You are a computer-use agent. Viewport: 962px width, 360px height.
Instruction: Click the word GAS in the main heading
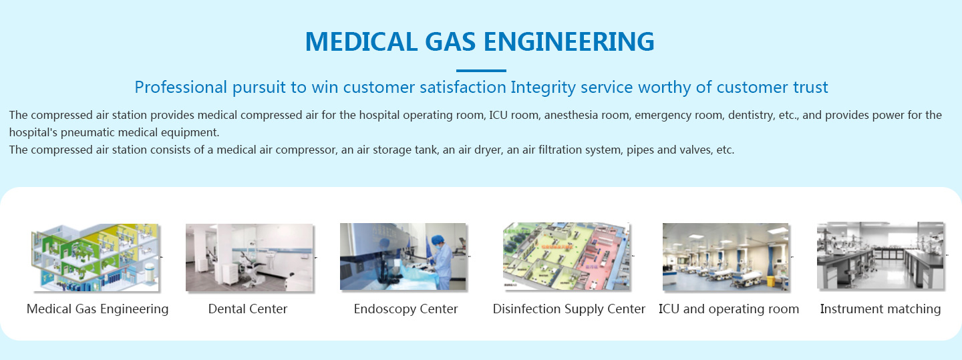(450, 41)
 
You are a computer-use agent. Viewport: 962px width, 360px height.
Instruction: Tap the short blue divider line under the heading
(481, 70)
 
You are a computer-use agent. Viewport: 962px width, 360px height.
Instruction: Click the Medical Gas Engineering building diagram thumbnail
(95, 257)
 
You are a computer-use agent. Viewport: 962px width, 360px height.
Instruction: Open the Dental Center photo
(250, 257)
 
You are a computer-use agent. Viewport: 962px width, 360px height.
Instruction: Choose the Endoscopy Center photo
(403, 256)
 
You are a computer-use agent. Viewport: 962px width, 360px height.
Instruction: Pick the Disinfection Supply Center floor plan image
(567, 256)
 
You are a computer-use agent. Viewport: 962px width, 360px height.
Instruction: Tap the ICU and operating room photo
(726, 257)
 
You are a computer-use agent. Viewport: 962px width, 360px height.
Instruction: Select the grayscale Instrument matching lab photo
(880, 256)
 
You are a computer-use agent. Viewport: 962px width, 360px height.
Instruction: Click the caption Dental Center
(248, 309)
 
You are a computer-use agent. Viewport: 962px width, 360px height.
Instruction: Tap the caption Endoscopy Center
(406, 309)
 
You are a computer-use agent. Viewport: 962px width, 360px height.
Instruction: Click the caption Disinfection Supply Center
(569, 309)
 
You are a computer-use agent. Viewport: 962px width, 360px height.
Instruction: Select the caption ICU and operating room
(729, 309)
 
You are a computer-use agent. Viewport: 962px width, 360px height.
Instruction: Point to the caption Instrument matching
(880, 309)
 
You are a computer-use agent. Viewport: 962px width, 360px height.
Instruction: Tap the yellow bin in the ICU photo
(771, 282)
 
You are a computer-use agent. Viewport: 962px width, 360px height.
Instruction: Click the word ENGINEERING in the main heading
(569, 41)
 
